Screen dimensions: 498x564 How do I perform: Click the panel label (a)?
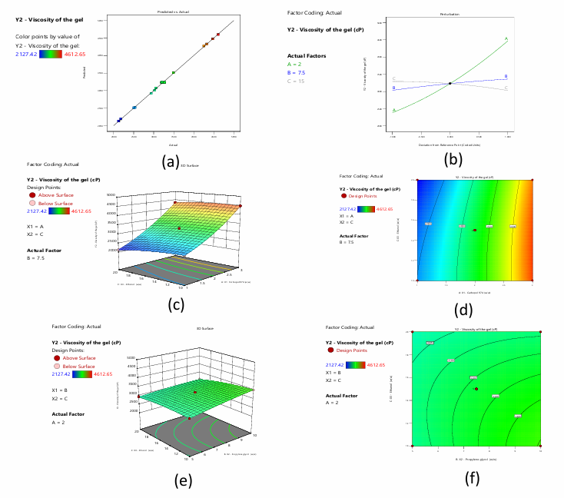[171, 161]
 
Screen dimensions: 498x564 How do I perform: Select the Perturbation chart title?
[450, 15]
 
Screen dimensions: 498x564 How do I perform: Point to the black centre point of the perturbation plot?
[450, 84]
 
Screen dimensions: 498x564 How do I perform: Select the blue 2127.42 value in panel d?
[351, 208]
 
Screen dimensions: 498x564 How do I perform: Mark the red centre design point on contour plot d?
[475, 230]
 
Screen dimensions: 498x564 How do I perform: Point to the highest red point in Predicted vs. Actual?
[221, 33]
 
